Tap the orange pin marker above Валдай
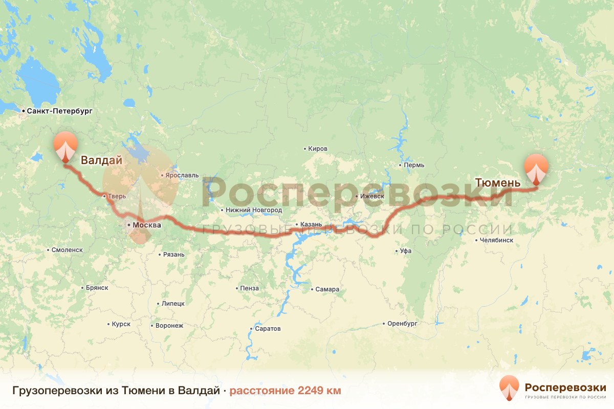click(65, 146)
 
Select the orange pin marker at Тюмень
click(536, 168)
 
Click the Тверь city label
click(116, 196)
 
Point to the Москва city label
click(146, 225)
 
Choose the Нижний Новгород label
click(253, 210)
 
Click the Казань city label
click(311, 224)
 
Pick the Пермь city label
click(414, 166)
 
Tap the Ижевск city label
click(371, 196)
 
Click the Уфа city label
click(406, 251)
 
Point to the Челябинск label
click(496, 240)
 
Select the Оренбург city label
click(403, 324)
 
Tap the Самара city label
click(327, 289)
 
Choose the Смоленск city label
click(67, 250)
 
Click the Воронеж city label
click(169, 326)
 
